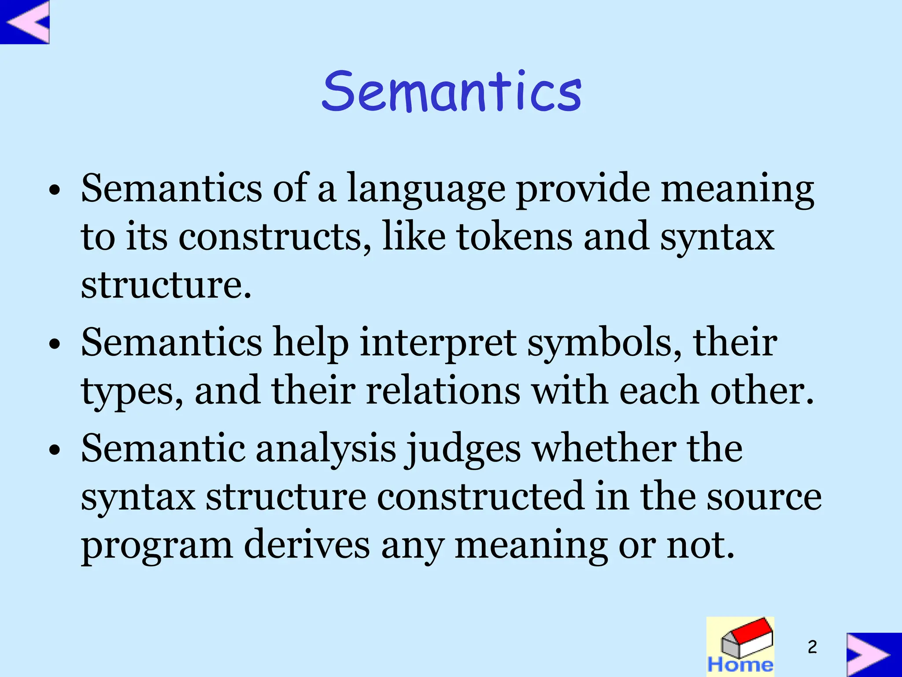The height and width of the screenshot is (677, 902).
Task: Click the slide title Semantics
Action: (x=452, y=91)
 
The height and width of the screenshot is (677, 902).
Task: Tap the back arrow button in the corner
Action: (x=25, y=22)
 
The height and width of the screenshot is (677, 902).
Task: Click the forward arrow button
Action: (x=873, y=655)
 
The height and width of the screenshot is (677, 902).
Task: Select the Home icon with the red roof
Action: (x=740, y=646)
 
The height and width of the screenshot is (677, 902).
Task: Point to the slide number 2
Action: (x=812, y=647)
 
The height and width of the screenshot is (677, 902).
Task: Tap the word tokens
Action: (x=514, y=237)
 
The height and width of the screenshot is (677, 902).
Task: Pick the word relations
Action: (x=443, y=391)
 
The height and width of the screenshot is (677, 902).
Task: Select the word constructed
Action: (x=481, y=497)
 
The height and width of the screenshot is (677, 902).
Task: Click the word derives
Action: (x=307, y=545)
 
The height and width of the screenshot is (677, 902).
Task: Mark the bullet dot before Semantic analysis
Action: (x=55, y=451)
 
